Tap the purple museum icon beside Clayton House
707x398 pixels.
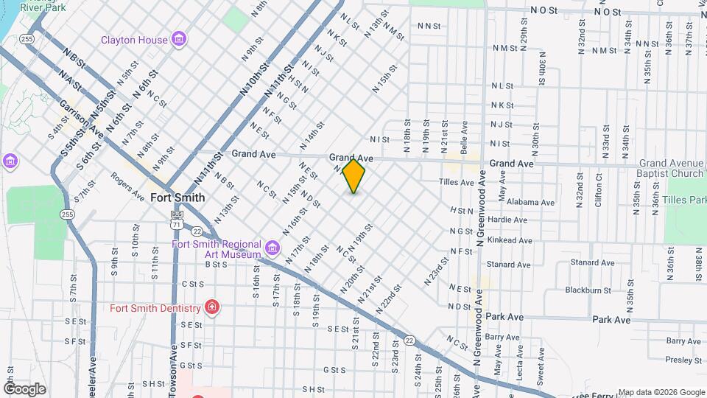click(177, 38)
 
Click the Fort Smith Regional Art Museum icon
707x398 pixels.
click(272, 247)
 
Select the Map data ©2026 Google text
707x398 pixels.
click(661, 392)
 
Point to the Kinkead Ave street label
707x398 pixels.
click(510, 240)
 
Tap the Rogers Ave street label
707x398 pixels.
click(127, 186)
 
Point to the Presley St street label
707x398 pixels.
click(683, 360)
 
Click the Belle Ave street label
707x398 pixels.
click(464, 138)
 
